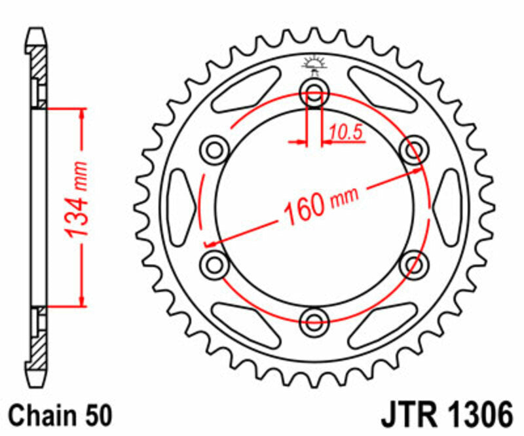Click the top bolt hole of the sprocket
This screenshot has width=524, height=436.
point(314,92)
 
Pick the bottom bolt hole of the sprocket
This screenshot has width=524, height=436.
point(314,321)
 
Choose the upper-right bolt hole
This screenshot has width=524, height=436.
point(414,150)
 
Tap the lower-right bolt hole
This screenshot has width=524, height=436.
point(414,263)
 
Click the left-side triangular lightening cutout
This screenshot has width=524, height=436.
point(181,206)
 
